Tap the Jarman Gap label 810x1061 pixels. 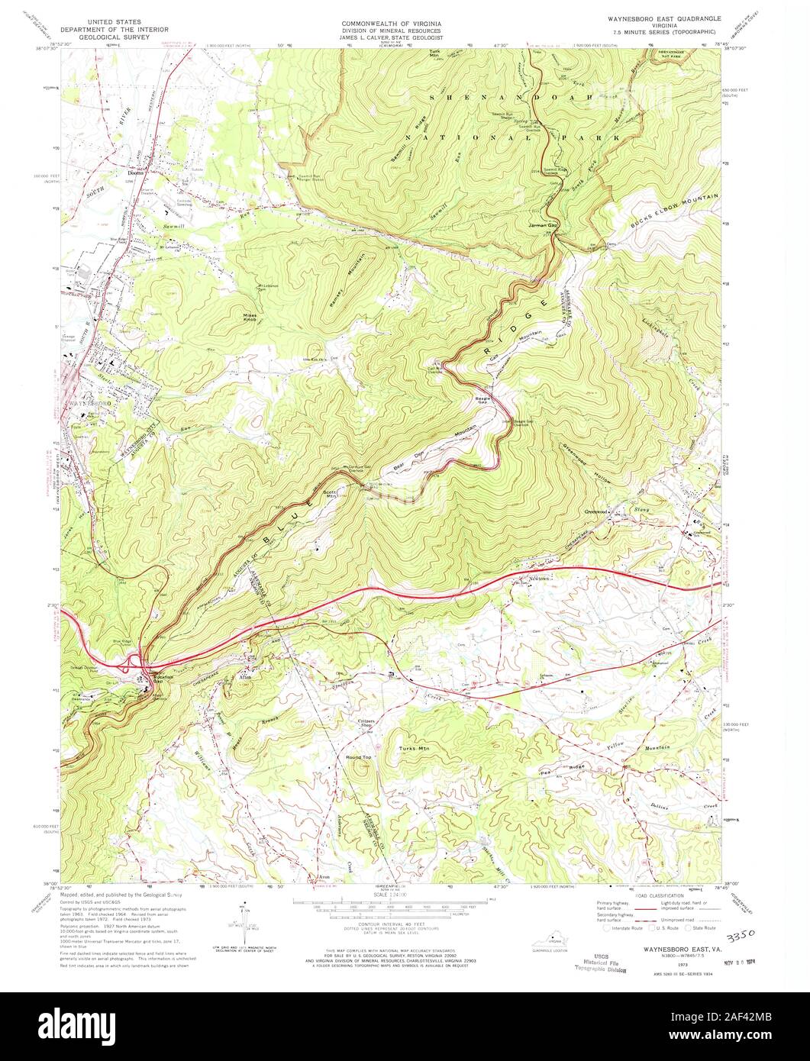540,227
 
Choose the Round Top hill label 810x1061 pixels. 359,757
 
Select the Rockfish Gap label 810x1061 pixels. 153,679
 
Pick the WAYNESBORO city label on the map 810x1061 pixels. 91,402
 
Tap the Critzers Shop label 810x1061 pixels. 369,724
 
